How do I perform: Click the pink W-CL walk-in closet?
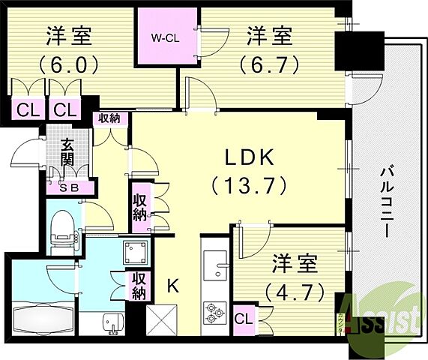[166, 36]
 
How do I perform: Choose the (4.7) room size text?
[292, 289]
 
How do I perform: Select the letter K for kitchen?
[173, 285]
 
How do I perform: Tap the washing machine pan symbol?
[136, 251]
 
